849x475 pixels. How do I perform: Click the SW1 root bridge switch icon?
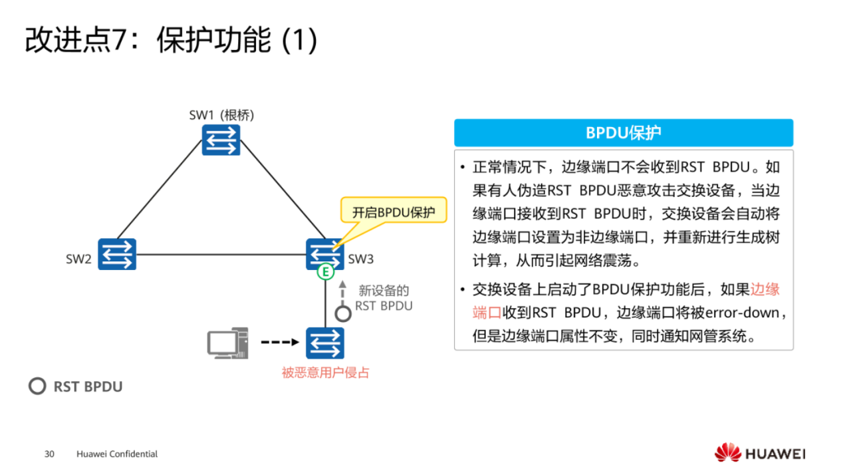pos(221,140)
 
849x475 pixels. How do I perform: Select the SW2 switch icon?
pos(117,254)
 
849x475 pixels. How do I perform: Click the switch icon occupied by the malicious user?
pos(325,343)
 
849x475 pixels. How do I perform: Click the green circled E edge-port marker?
pos(324,271)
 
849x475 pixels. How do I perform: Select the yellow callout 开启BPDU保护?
pos(393,213)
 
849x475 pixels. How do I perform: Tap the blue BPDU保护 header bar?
pos(623,133)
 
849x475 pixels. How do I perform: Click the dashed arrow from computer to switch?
pos(280,343)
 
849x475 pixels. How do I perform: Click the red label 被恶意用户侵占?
pos(325,373)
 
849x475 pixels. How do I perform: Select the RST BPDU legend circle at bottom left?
pos(37,387)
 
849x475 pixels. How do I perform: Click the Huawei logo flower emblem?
pos(727,452)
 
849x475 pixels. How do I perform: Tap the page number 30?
pos(49,454)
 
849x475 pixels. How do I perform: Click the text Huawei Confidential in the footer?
pos(117,454)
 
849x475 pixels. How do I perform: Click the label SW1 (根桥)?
pos(221,114)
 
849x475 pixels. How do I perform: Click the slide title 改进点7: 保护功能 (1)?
pos(171,41)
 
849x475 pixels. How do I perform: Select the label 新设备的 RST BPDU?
pos(384,298)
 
